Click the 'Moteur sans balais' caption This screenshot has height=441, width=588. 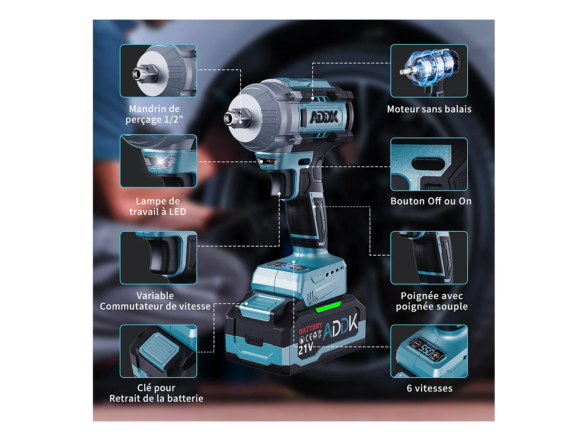pos(429,109)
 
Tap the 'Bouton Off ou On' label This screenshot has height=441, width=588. pos(431,201)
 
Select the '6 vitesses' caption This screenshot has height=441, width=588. pos(429,388)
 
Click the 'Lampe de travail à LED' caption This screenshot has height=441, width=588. pos(158,206)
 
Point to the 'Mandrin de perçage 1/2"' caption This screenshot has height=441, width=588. pos(154,114)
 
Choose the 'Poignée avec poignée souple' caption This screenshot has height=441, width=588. pos(432,301)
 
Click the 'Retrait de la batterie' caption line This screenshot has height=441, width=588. pos(156,398)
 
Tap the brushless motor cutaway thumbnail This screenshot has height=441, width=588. pos(429,71)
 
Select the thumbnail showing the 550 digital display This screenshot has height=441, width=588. pos(429,351)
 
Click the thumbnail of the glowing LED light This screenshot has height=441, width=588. pos(158,161)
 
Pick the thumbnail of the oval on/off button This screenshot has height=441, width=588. pos(429,164)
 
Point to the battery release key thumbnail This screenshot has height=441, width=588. pos(158,351)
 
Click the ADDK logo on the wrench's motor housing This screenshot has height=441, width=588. pos(324,117)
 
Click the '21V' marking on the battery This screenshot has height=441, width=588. pos(306,348)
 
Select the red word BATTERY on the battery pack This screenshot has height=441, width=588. pos(310,328)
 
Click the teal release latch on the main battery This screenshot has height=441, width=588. pos(261,304)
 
